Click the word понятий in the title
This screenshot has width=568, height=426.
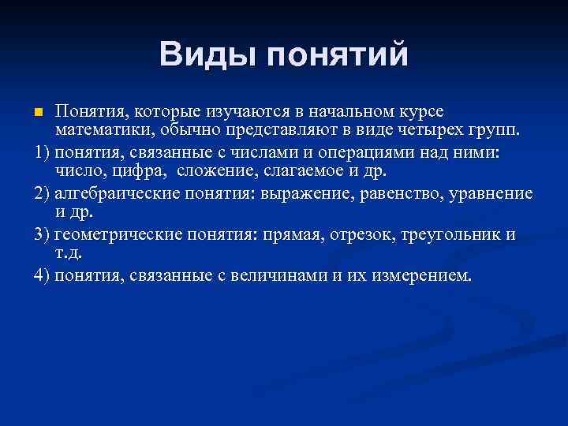click(338, 56)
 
